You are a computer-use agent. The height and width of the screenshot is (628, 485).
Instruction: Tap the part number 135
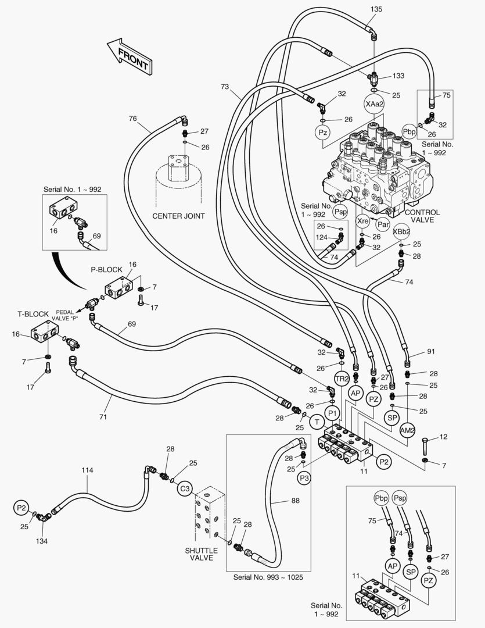point(376,9)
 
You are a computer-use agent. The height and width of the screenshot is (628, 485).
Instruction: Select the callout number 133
point(398,76)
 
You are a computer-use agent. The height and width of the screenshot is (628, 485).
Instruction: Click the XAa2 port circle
point(374,104)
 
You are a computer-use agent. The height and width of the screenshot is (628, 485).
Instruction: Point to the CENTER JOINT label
point(178,216)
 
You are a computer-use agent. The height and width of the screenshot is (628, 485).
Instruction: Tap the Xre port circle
point(362,221)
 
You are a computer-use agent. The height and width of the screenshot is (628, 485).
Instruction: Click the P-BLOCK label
point(106,270)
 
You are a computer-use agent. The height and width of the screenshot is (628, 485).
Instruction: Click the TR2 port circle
point(342,379)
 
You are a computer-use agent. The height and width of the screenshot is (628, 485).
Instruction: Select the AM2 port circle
point(408,430)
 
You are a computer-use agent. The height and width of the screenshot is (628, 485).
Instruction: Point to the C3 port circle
point(184,488)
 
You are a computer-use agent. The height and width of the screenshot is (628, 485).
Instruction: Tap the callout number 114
point(87,470)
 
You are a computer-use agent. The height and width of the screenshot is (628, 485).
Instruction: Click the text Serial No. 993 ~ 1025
point(268,577)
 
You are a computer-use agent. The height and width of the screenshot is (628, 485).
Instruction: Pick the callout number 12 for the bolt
point(444,437)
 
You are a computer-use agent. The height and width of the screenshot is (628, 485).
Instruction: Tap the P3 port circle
point(304,477)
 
